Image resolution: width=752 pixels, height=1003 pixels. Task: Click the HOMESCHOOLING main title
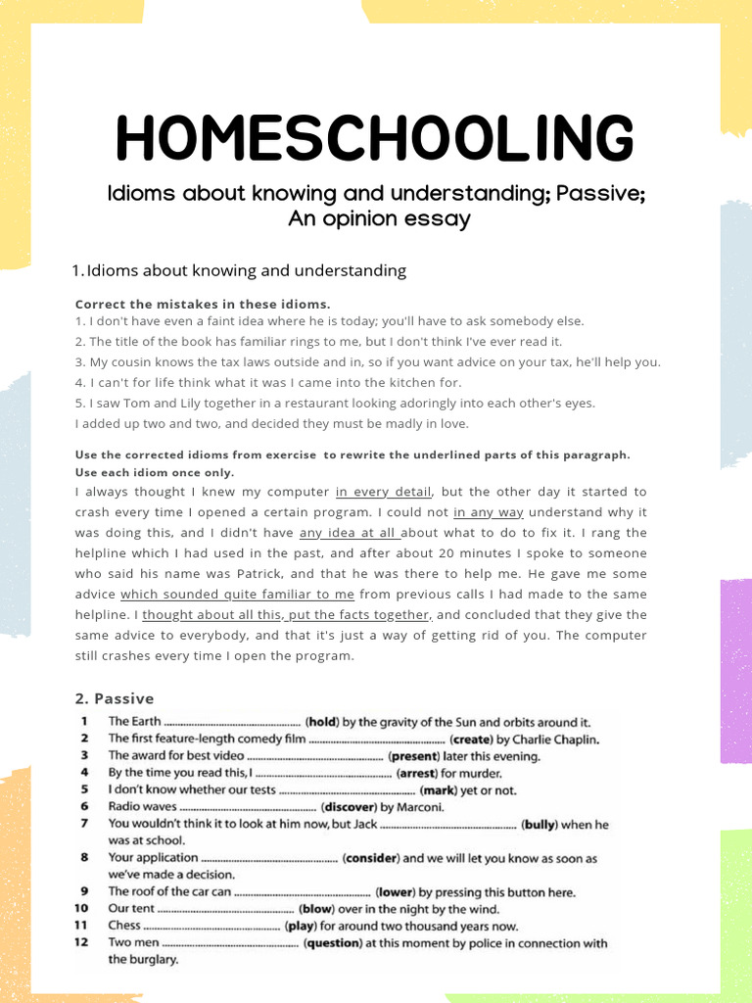pyautogui.click(x=375, y=138)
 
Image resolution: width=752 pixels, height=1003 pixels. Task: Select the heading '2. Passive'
pyautogui.click(x=115, y=698)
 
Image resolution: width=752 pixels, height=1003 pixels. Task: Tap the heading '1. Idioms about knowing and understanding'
pyautogui.click(x=239, y=270)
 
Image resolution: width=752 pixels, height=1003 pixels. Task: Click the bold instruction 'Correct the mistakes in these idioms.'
pyautogui.click(x=203, y=304)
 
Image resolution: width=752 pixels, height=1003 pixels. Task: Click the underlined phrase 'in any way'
pyautogui.click(x=489, y=512)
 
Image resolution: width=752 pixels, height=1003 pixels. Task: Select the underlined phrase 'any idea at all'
pyautogui.click(x=350, y=533)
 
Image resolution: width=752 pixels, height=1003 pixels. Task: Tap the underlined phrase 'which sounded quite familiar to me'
pyautogui.click(x=237, y=595)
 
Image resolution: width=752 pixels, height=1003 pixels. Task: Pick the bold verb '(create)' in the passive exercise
pyautogui.click(x=471, y=740)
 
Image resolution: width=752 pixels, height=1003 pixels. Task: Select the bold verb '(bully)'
pyautogui.click(x=540, y=825)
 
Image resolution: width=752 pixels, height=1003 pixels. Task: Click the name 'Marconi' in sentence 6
pyautogui.click(x=419, y=807)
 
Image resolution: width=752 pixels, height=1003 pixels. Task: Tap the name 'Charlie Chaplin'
pyautogui.click(x=555, y=740)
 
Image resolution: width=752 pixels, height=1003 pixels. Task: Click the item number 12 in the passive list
pyautogui.click(x=85, y=943)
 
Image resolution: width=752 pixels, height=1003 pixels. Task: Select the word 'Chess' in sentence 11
pyautogui.click(x=124, y=926)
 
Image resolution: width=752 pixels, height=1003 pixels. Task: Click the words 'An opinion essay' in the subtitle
pyautogui.click(x=379, y=218)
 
